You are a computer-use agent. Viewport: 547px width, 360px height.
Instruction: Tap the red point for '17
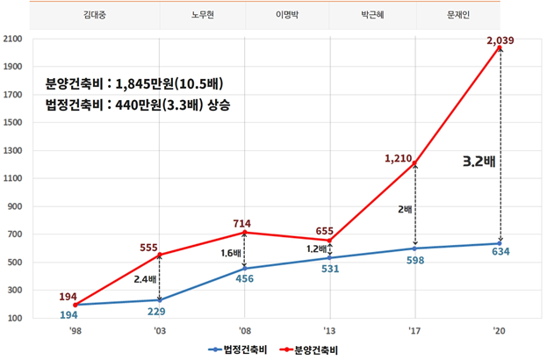414,164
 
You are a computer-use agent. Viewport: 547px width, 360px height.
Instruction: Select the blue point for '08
244,268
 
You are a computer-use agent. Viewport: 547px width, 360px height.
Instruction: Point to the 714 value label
243,225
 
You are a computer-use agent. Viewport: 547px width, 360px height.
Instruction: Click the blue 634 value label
500,253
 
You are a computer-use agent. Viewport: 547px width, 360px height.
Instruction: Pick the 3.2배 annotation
479,162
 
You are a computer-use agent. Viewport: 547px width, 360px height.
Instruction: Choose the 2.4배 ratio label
146,280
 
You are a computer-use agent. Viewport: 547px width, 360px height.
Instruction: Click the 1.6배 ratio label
230,253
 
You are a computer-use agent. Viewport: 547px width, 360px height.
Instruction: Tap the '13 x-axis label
329,333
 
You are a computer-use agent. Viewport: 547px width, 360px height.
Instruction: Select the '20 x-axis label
500,333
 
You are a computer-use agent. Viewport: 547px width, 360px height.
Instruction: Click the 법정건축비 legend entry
240,349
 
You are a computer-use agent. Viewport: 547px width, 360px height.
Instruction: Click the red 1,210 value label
399,158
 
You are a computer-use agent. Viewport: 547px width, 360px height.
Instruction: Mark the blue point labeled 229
159,299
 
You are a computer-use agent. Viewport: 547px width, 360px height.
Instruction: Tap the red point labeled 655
329,241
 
